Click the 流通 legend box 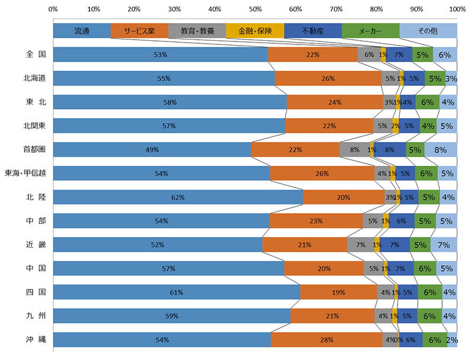[x=82, y=31]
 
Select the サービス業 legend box [x=139, y=31]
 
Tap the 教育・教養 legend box [x=197, y=31]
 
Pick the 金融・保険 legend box [x=255, y=31]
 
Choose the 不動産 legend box [x=312, y=31]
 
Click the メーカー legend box [x=370, y=31]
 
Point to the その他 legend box [x=428, y=31]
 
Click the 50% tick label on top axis [x=255, y=9]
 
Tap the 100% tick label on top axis [x=457, y=9]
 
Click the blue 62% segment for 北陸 [x=178, y=197]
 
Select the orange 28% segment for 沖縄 [x=327, y=340]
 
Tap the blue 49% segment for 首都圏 [x=152, y=150]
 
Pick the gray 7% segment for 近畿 [x=360, y=245]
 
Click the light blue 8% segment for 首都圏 [x=440, y=150]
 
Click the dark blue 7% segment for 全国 [x=399, y=54]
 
